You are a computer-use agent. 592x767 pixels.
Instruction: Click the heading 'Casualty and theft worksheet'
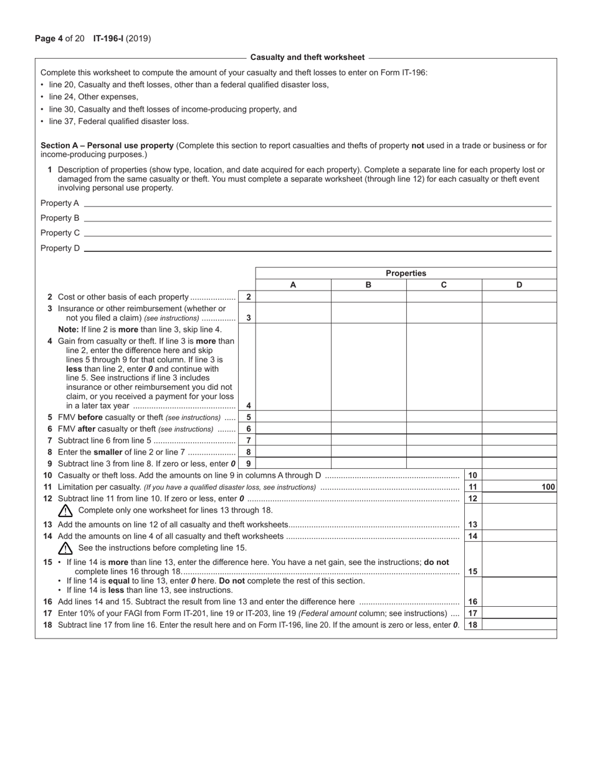[307, 57]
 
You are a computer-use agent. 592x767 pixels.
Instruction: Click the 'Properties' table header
[406, 273]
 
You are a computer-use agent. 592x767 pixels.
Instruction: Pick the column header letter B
[368, 285]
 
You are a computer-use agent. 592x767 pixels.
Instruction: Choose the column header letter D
[519, 285]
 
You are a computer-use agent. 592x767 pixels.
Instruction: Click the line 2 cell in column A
[293, 297]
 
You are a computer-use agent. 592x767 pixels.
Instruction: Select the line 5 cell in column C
[444, 417]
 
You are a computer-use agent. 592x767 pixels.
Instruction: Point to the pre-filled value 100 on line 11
[548, 487]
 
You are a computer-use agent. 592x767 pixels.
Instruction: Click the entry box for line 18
[519, 625]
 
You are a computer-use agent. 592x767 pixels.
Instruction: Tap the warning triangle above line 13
[65, 511]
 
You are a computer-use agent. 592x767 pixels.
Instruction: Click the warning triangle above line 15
[65, 549]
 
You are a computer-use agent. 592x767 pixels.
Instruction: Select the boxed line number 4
[248, 405]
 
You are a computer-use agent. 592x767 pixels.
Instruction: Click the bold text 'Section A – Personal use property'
[107, 146]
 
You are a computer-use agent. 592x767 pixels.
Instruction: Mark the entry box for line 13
[519, 524]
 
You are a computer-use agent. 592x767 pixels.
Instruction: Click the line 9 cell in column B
[368, 463]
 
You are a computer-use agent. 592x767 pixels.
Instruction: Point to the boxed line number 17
[472, 613]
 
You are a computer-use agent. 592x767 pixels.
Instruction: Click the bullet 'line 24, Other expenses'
[93, 97]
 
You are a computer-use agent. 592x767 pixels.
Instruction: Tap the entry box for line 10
[519, 475]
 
